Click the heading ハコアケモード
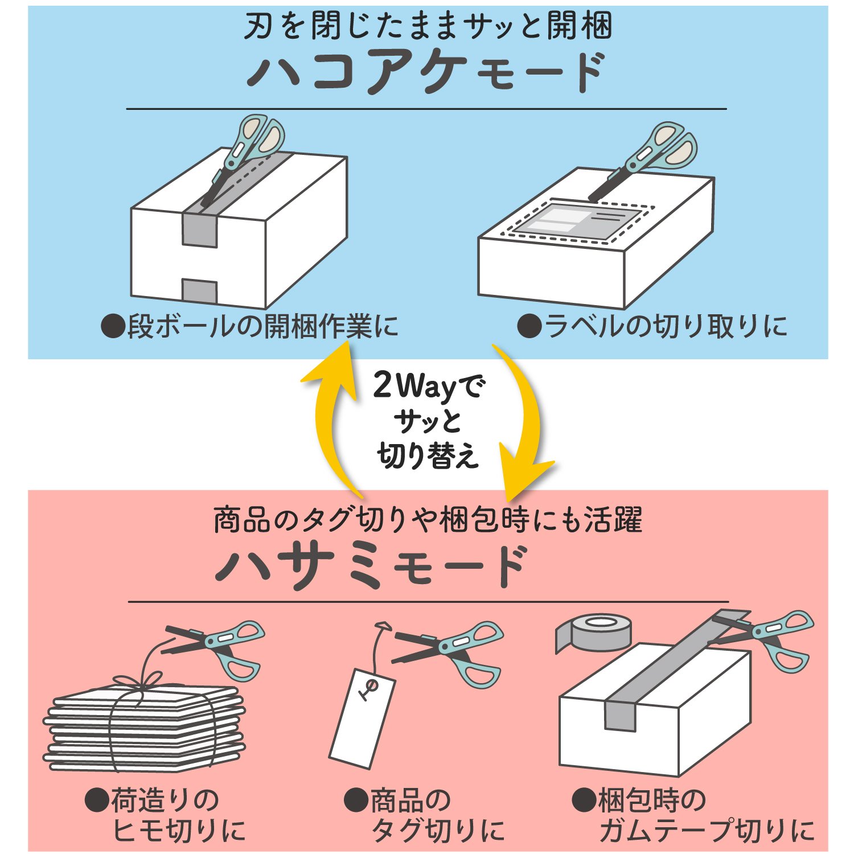coord(427,72)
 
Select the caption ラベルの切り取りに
coord(652,327)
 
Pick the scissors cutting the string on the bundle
coord(219,646)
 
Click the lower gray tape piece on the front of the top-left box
coord(199,291)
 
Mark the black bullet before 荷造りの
coord(96,800)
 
